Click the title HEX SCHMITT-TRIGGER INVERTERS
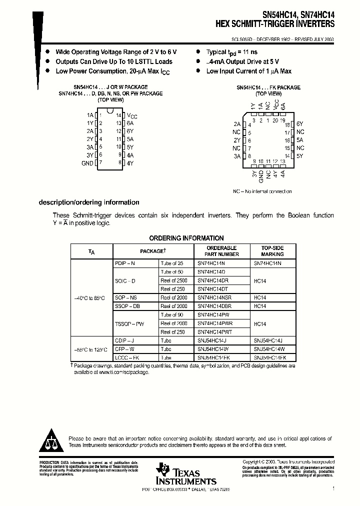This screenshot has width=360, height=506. coord(275,23)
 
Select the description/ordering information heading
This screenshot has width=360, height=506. coord(89,202)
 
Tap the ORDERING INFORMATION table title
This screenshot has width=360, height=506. coord(186,238)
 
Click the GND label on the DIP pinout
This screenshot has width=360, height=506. coord(87,163)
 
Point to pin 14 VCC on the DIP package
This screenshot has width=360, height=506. coord(131,115)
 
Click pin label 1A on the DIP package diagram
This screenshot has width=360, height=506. coord(90,115)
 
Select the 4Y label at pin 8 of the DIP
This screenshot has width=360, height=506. coord(130,163)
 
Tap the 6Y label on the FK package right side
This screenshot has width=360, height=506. coord(299,124)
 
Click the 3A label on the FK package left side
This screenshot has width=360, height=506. coord(237,156)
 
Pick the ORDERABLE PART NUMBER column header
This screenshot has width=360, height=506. coord(221,251)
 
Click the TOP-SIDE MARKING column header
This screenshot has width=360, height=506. coord(272,251)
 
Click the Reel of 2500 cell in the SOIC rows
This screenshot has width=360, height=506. coord(173,280)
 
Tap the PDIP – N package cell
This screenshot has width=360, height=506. coord(125,263)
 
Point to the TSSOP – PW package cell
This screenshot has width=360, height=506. coord(129,323)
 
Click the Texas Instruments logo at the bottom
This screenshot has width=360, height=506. coord(185,473)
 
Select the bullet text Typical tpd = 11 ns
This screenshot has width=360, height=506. coord(232,52)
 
